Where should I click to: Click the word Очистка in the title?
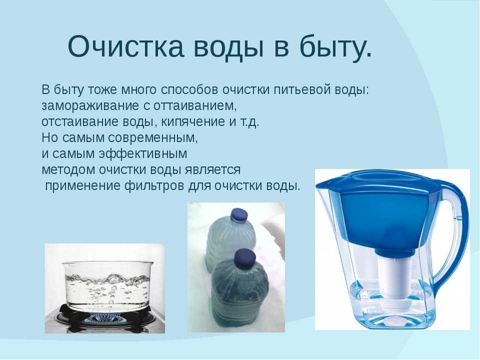point(126,46)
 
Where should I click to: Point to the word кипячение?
point(193,122)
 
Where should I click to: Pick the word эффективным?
point(142,153)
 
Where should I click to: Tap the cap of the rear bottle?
point(238,215)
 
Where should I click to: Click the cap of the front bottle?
point(244,257)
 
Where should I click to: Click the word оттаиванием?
point(195,106)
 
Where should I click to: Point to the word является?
point(212,170)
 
